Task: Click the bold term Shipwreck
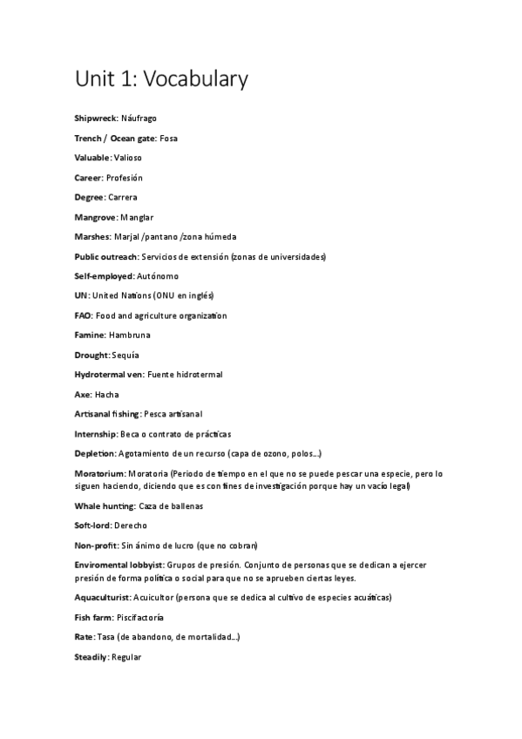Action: pos(95,118)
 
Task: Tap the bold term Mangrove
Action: pos(95,217)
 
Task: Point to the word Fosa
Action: pos(169,138)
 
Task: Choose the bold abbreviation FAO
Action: pos(83,315)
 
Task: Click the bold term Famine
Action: pos(91,336)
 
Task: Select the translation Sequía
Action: pos(125,356)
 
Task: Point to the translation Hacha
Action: pos(107,395)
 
